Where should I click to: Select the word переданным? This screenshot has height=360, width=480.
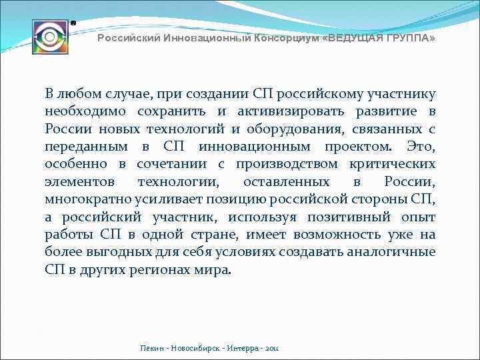tap(87, 146)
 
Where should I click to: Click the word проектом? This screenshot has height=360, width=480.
tap(364, 146)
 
